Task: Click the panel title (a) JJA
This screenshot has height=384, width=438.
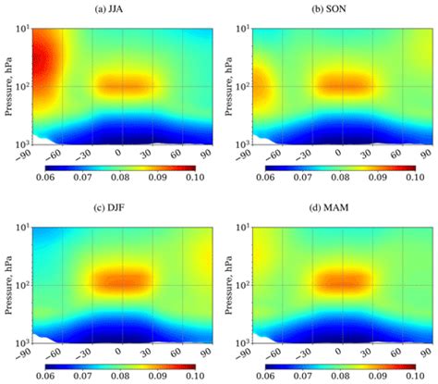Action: click(118, 11)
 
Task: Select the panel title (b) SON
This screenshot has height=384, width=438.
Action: click(338, 11)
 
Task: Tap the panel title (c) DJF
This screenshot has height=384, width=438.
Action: click(118, 206)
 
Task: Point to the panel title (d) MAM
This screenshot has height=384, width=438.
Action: click(338, 206)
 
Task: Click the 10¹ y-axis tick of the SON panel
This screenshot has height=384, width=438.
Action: click(242, 29)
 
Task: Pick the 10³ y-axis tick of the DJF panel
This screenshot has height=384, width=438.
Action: click(22, 339)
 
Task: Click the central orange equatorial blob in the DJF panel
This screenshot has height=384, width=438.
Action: click(120, 279)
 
